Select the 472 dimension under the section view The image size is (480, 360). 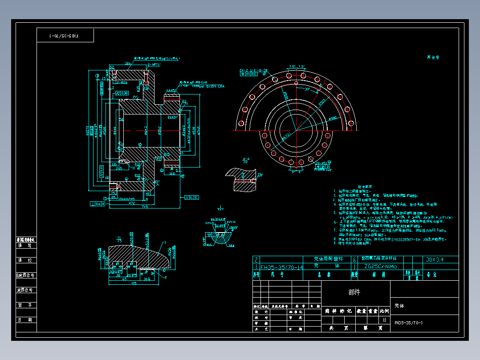131,203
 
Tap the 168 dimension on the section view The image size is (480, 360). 172,174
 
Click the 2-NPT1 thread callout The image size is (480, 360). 154,65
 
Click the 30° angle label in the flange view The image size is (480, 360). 307,89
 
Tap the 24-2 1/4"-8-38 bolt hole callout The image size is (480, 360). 253,70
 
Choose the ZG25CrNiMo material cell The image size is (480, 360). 380,266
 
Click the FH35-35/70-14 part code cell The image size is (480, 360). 281,267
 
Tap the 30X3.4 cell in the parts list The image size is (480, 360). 435,259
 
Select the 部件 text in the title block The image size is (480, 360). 354,292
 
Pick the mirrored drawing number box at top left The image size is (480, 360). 65,35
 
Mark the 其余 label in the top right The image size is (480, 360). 433,57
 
